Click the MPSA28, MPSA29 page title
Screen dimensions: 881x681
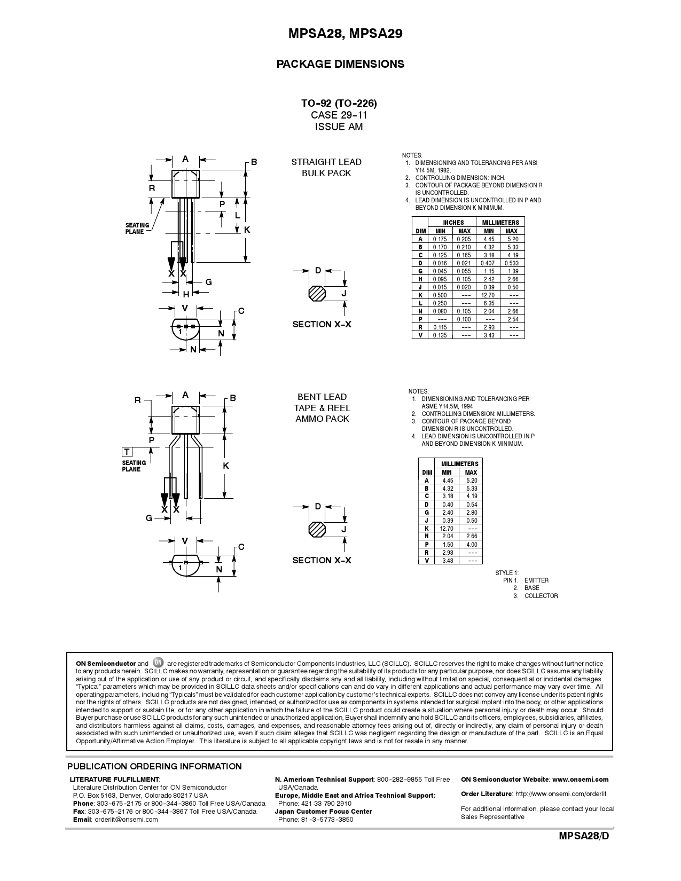(340, 34)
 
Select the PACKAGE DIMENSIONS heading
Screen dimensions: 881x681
(340, 64)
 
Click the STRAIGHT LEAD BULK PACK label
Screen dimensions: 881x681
(326, 167)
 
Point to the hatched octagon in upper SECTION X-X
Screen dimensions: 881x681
(317, 293)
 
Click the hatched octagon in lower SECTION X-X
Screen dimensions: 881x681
(317, 529)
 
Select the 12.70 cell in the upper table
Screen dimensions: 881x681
(488, 295)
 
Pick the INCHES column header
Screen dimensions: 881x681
(453, 222)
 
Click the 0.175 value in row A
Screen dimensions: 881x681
(440, 239)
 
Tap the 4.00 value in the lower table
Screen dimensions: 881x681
(471, 544)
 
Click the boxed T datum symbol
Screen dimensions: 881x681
(127, 452)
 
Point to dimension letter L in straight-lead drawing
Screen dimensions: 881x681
(238, 215)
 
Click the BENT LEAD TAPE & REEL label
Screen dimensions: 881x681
(322, 408)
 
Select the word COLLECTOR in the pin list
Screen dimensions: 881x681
(541, 596)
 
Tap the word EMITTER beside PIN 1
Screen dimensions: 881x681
(536, 580)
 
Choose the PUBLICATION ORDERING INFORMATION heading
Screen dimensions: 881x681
(154, 766)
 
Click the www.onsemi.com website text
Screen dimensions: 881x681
(580, 780)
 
